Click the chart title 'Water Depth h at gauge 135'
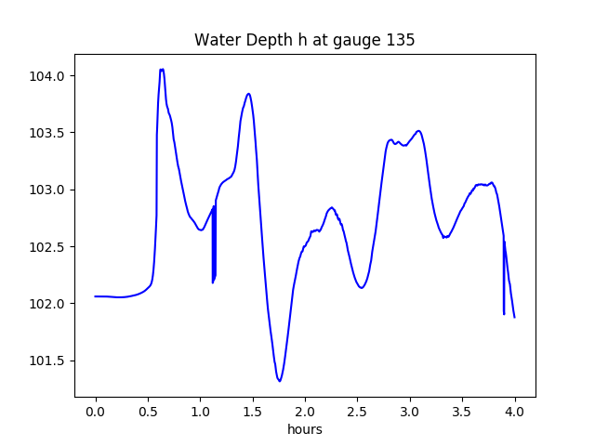click(304, 41)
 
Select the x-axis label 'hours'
click(305, 430)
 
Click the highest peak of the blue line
click(162, 70)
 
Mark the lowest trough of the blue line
click(279, 381)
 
